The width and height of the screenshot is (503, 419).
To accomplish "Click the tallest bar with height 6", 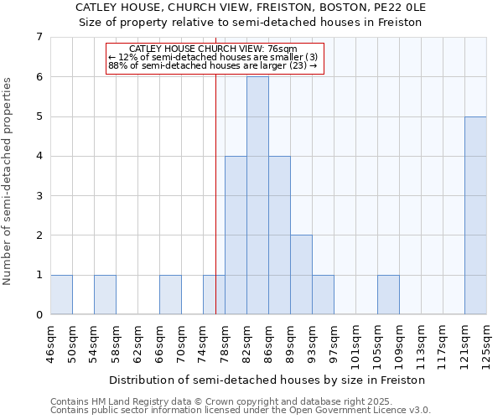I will click(257, 195).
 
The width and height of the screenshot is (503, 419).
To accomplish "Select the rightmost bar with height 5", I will click(475, 215).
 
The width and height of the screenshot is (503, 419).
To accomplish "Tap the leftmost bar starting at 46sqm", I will click(61, 295).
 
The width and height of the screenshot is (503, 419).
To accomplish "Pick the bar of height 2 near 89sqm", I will click(301, 275).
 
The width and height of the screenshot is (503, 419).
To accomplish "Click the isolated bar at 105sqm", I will click(388, 295).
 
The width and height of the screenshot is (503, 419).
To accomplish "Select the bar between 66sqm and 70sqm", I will click(170, 295).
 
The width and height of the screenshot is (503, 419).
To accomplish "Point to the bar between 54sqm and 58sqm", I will click(105, 295).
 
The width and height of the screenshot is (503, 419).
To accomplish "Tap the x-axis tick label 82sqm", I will click(246, 341).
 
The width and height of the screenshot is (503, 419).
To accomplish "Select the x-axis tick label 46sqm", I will click(50, 341).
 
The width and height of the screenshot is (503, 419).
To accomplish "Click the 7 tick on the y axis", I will click(39, 37).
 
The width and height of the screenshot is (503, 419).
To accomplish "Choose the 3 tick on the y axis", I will click(39, 196).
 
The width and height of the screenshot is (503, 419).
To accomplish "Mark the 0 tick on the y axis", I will click(39, 315).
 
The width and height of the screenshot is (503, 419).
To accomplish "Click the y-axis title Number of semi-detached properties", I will click(8, 181).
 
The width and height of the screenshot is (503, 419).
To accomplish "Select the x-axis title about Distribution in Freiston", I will click(267, 380).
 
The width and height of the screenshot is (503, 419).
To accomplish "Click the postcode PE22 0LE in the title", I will click(397, 8).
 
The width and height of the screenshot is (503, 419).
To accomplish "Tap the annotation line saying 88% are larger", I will click(213, 65).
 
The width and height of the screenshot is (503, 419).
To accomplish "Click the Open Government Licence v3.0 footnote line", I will click(241, 411).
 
